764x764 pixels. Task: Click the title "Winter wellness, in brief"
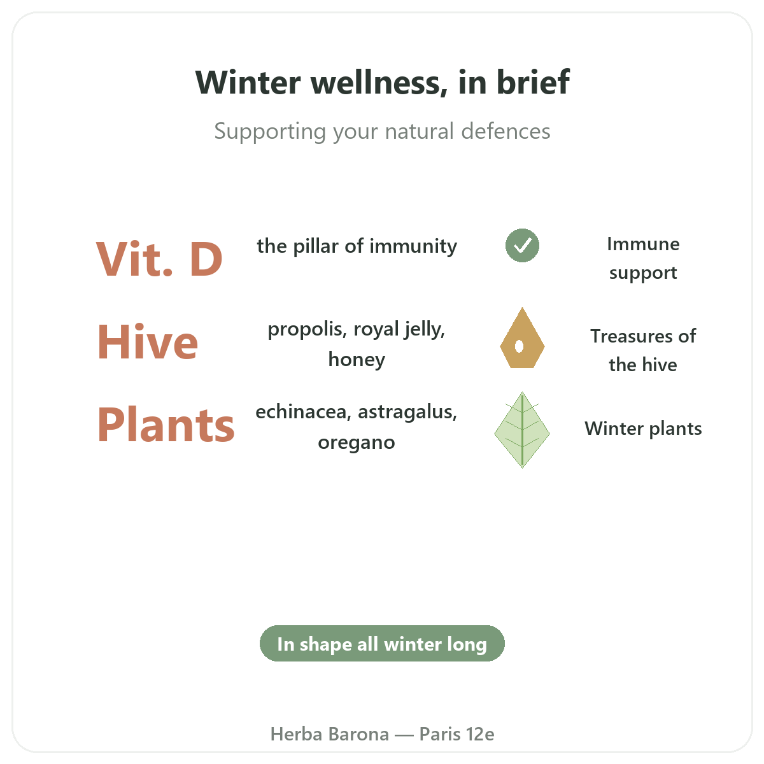click(382, 82)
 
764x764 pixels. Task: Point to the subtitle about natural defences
click(382, 131)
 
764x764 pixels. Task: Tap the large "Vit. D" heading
click(159, 259)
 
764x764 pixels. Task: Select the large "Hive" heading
click(148, 341)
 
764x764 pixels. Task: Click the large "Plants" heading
click(166, 425)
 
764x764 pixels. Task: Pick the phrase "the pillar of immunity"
click(357, 246)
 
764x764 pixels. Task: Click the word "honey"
click(357, 360)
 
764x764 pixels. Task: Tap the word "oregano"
click(357, 442)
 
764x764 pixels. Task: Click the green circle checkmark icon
click(522, 245)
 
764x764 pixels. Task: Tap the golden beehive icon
click(522, 337)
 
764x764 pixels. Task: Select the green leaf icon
click(522, 430)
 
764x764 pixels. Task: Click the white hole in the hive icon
click(519, 346)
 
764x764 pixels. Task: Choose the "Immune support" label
click(643, 258)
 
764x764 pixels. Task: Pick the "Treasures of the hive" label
click(643, 350)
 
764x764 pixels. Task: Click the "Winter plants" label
click(643, 428)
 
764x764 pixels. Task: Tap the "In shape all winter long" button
click(382, 644)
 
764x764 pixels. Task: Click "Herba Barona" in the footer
click(329, 734)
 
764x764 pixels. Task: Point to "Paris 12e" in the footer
click(456, 734)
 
